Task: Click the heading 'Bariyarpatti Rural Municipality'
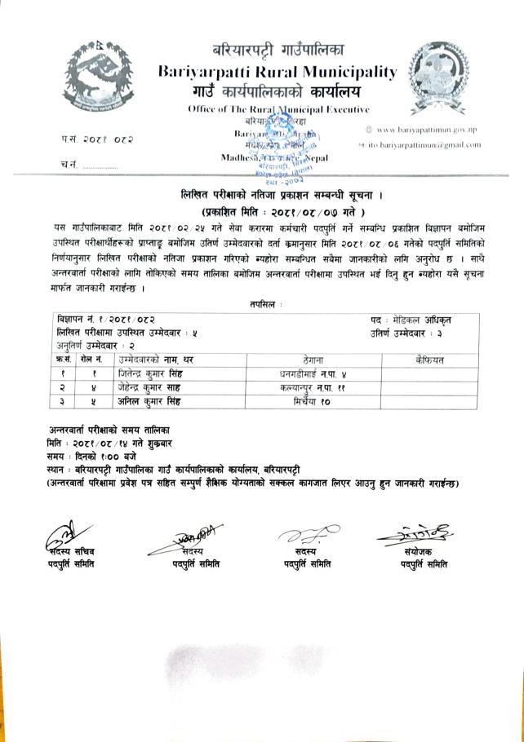(278, 72)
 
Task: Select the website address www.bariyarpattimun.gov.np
(428, 130)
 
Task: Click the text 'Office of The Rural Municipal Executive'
(278, 108)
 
